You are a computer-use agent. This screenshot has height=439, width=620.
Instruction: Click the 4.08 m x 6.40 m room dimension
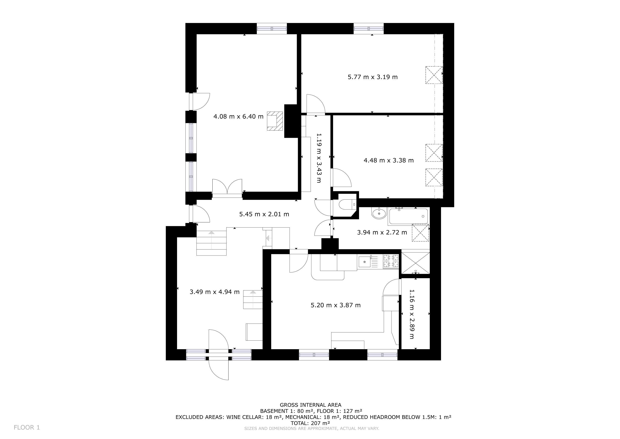[x=238, y=117]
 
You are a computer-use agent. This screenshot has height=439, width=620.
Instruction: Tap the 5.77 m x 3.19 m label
[x=373, y=77]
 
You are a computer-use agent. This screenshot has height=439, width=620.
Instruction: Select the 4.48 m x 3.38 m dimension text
[x=389, y=160]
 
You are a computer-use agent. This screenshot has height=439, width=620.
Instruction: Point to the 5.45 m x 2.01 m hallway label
[x=264, y=214]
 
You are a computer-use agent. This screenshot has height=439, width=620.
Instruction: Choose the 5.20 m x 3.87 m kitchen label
[x=336, y=305]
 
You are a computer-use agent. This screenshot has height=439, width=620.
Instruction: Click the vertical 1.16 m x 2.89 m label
[x=412, y=314]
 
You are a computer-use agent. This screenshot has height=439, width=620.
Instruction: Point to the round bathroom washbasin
[x=379, y=213]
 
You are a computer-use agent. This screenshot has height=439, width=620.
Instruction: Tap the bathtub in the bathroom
[x=408, y=216]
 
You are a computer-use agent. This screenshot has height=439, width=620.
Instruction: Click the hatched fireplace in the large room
[x=275, y=121]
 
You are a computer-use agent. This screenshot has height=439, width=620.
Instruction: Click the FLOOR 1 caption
[x=27, y=427]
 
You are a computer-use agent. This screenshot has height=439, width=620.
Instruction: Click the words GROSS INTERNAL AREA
[x=311, y=405]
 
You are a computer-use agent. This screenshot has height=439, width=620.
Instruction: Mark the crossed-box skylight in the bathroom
[x=420, y=233]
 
